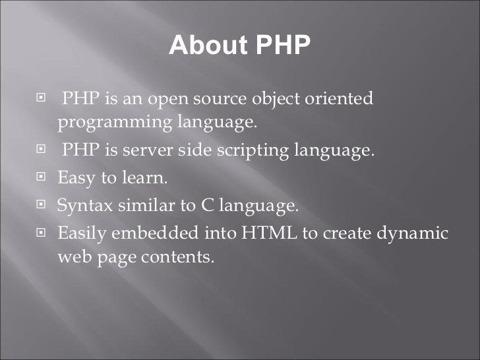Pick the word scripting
[253, 151]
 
